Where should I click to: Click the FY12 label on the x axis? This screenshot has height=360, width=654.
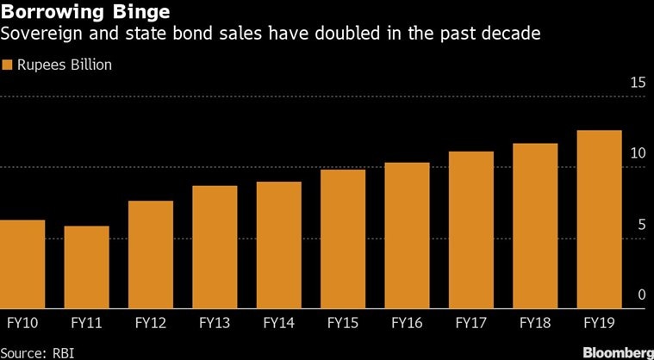pyautogui.click(x=151, y=324)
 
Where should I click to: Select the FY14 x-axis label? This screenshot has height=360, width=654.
pyautogui.click(x=278, y=324)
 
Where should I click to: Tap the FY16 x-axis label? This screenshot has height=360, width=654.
pyautogui.click(x=407, y=324)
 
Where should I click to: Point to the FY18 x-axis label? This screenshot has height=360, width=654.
pyautogui.click(x=535, y=324)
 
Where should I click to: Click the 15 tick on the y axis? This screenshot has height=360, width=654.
pyautogui.click(x=638, y=83)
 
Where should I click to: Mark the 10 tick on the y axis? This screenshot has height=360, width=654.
pyautogui.click(x=638, y=153)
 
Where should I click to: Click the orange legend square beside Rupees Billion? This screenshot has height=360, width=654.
pyautogui.click(x=8, y=65)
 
